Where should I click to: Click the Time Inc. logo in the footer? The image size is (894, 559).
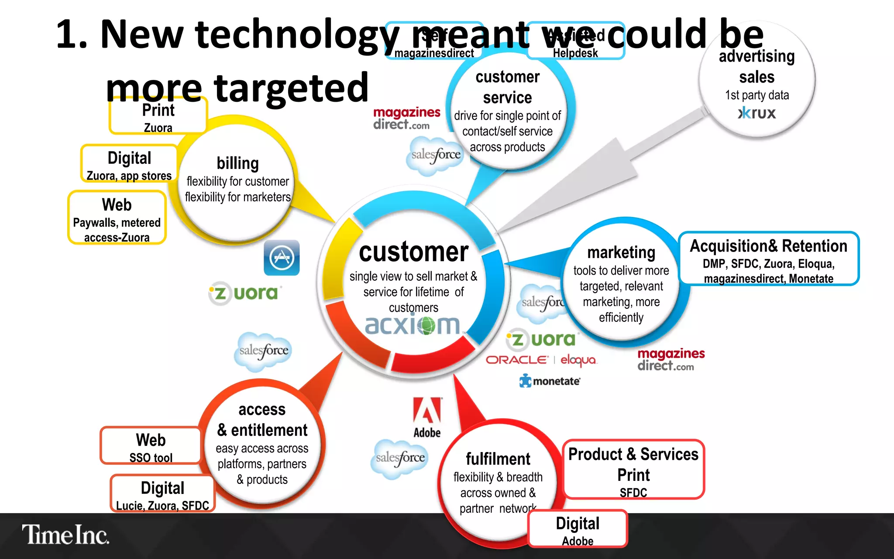(65, 535)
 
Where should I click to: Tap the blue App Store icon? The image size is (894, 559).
(282, 258)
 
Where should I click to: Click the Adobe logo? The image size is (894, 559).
(427, 417)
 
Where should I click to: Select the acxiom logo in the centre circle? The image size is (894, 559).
(413, 325)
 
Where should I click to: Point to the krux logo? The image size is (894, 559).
(757, 114)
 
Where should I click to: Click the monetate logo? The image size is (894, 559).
(550, 381)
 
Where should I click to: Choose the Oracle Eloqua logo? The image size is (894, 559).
(541, 360)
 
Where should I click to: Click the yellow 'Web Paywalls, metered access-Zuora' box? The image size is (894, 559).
(117, 217)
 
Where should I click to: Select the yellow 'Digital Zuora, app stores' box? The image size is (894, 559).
(129, 164)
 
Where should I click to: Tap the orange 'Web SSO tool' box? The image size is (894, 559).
(151, 446)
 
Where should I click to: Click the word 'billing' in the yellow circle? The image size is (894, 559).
(238, 163)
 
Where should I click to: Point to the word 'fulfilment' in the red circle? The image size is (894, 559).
(498, 459)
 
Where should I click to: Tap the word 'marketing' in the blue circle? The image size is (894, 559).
(621, 252)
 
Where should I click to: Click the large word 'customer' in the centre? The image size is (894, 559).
(413, 252)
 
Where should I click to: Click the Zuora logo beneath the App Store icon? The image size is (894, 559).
(245, 293)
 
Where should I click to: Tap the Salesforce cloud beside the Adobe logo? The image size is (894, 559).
(399, 458)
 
